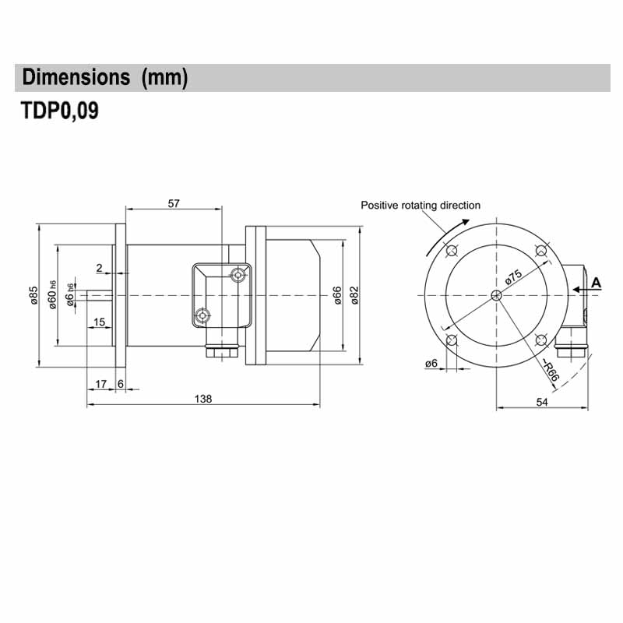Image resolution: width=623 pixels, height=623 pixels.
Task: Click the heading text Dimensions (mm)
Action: coord(105,78)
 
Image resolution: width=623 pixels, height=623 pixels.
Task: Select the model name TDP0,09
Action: coord(60,111)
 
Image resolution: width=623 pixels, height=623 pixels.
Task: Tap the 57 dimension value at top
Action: coord(174,203)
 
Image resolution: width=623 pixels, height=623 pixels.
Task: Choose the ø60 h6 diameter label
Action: coord(52,295)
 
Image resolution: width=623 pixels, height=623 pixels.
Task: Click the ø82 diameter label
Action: coord(354,296)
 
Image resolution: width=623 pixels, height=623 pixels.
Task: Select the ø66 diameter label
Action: coord(337,296)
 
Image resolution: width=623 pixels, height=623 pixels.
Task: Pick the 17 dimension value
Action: coord(100,384)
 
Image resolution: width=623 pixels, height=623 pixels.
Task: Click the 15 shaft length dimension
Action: coord(100,322)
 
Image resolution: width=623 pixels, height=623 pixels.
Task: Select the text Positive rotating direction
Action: coord(421,206)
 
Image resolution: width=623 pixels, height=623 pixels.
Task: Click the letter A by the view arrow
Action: coord(597,282)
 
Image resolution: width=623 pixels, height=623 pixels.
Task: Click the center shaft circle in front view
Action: coord(497,295)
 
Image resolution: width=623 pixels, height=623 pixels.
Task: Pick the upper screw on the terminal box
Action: coord(238,276)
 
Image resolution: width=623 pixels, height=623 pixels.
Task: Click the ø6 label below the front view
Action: coord(431,364)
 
